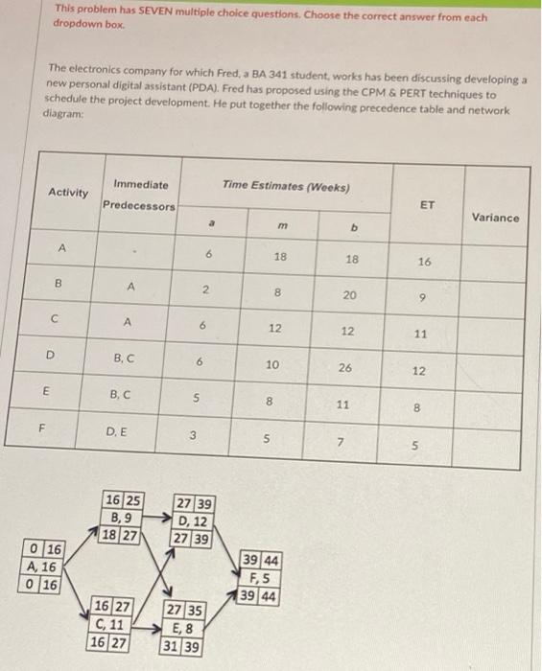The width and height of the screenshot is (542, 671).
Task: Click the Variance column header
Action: (x=495, y=218)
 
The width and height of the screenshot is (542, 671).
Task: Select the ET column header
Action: (x=427, y=204)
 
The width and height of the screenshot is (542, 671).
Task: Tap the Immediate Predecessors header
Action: (x=140, y=195)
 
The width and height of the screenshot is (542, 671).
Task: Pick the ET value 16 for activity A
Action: (x=425, y=261)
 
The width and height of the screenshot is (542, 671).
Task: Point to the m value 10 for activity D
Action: (x=273, y=364)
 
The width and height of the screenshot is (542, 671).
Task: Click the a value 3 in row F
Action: (x=193, y=438)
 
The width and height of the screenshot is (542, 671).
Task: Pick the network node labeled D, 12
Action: (x=196, y=521)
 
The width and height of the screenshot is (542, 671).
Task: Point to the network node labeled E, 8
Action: (x=183, y=629)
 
